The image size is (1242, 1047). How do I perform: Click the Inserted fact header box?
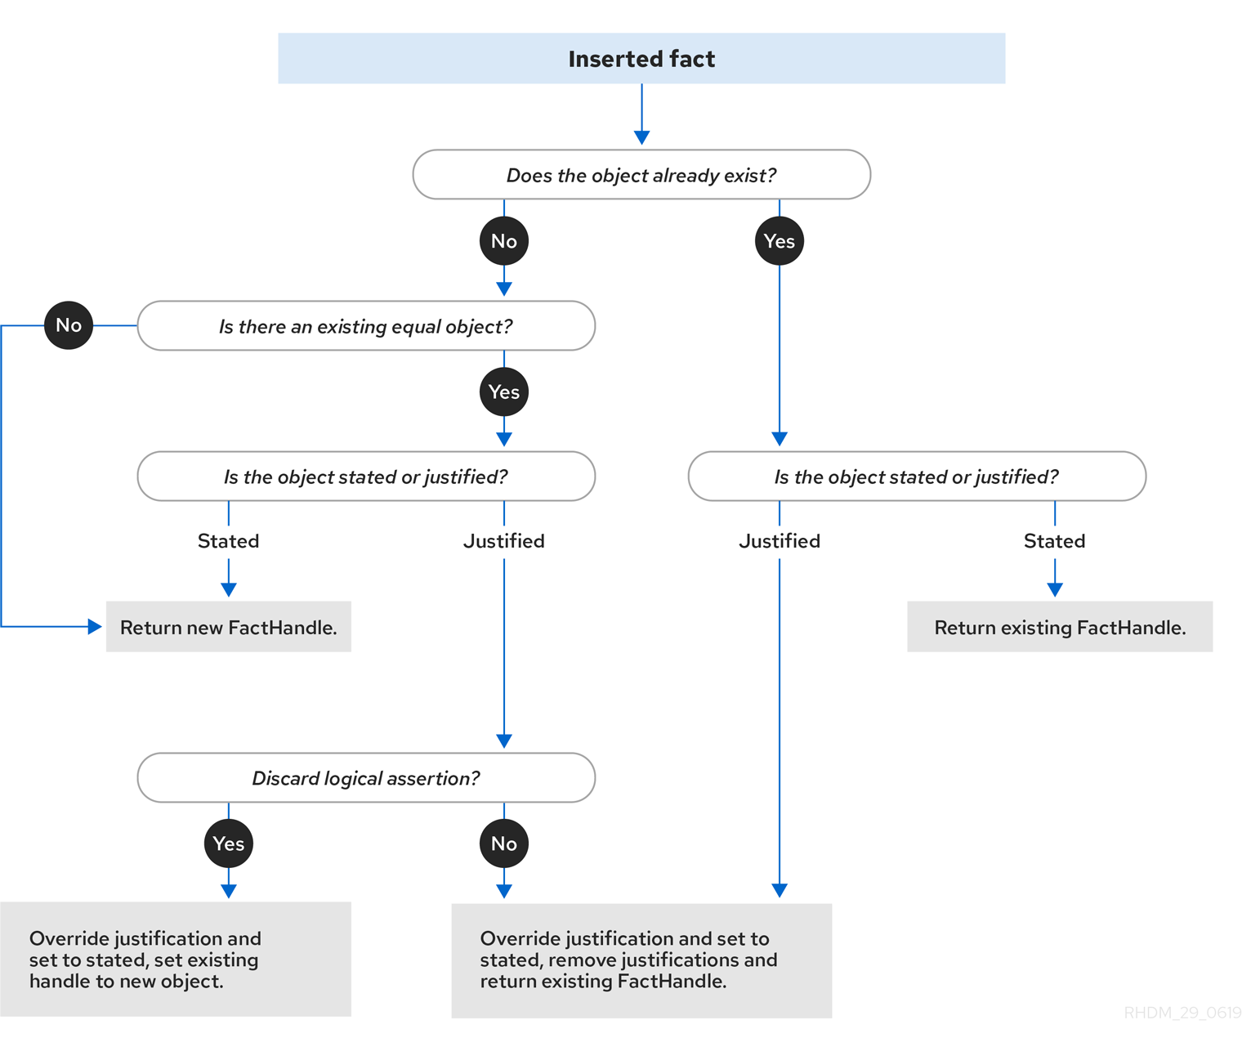coord(641,58)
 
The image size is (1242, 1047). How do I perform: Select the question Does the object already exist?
coord(641,174)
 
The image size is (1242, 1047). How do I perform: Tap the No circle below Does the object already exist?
coord(504,241)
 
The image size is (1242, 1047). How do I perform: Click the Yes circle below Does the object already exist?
coord(780,241)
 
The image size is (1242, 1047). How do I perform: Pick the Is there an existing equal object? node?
coord(366,325)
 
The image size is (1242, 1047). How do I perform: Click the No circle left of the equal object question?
coord(69,324)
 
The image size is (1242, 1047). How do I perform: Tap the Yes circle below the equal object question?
coord(504,392)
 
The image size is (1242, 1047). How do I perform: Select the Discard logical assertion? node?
coord(366,777)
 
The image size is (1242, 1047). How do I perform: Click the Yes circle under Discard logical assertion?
coord(229,843)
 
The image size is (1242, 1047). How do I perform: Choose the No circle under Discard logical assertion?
coord(504,843)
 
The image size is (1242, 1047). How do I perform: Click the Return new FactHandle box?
coord(229,626)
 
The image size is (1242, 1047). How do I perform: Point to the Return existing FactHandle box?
coord(1060,626)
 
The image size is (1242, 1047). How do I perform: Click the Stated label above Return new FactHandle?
coord(229,541)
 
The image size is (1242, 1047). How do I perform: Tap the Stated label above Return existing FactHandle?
coord(1055,541)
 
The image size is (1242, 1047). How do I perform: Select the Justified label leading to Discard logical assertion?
coord(504,541)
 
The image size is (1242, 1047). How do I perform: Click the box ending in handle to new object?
coord(176,959)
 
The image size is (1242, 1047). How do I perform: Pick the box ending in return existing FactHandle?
coord(641,960)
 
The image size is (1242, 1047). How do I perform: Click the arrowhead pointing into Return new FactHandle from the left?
coord(95,626)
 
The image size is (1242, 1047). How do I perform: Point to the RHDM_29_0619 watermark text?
coord(1182,1013)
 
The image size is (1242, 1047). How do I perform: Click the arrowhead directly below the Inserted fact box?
coord(641,137)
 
